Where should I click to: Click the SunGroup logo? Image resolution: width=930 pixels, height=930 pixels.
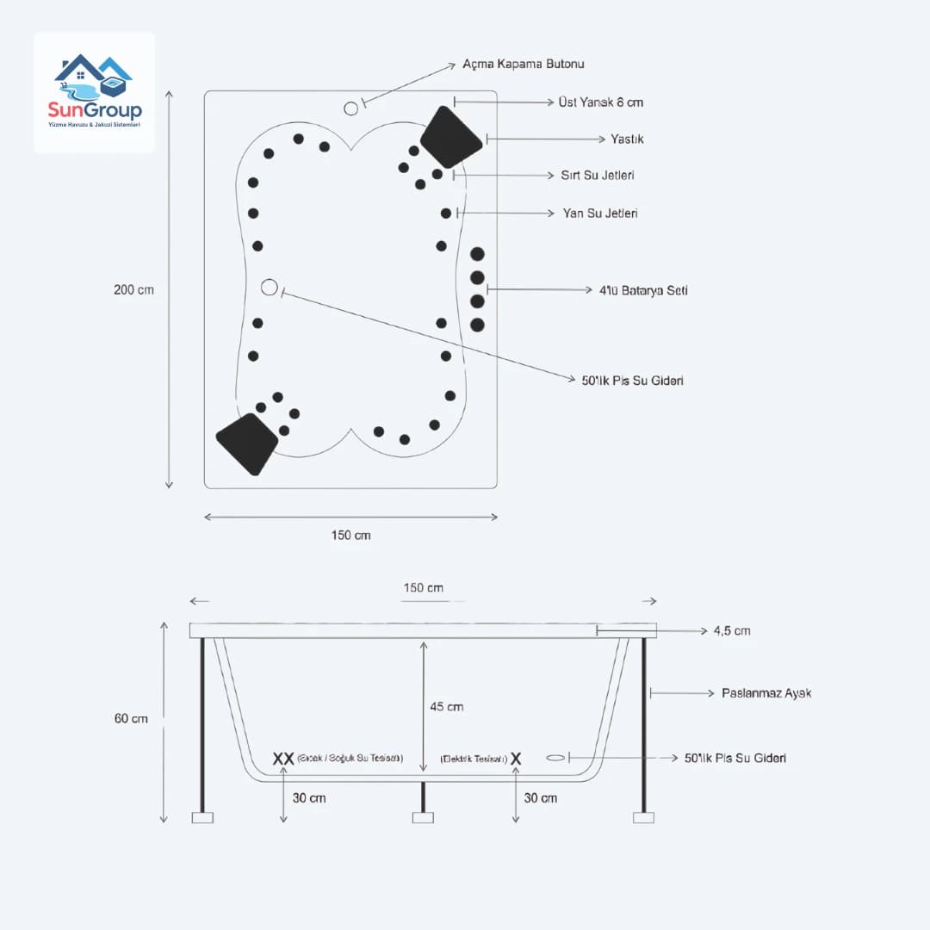[x=95, y=92]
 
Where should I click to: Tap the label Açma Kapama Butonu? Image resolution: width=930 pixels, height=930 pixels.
[x=524, y=65]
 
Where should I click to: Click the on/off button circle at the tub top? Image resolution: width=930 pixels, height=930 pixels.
[x=350, y=108]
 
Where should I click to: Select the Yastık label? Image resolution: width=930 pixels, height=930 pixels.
[x=627, y=139]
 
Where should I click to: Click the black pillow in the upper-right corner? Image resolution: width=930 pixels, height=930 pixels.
[x=450, y=136]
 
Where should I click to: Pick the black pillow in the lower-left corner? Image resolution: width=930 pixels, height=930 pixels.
[x=247, y=443]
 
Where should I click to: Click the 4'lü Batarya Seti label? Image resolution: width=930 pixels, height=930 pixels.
[x=643, y=290]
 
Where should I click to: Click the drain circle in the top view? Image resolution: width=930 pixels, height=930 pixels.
[x=270, y=288]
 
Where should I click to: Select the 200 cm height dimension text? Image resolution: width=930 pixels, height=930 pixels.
[x=133, y=289]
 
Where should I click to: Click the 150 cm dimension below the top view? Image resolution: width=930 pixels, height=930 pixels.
[x=350, y=535]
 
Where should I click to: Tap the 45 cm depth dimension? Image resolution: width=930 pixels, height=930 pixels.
[x=446, y=707]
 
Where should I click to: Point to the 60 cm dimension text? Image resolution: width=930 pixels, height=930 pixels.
[x=129, y=718]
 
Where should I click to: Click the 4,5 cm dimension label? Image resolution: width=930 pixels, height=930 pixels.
[x=731, y=631]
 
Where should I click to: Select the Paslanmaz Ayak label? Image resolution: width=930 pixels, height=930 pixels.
[x=766, y=692]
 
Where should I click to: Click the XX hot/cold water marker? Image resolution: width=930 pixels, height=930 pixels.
[x=283, y=759]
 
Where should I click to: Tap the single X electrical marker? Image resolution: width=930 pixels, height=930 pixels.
[x=516, y=759]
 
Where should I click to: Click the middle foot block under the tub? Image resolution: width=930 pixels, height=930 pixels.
[x=423, y=817]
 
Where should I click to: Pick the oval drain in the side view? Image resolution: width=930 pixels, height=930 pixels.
[x=556, y=758]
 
